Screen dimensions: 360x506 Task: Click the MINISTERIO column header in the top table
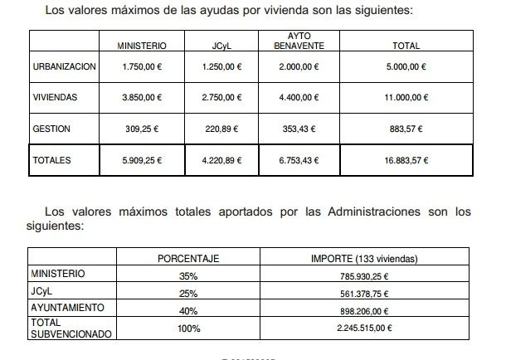tap(143, 46)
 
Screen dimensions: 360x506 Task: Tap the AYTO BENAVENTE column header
tap(298, 41)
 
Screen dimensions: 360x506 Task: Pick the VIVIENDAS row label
tap(55, 97)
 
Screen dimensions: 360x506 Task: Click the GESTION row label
tap(51, 129)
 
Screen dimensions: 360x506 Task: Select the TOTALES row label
tap(52, 159)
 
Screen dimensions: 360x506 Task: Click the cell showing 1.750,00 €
tap(143, 66)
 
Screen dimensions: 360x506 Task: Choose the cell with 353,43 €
tap(299, 129)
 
